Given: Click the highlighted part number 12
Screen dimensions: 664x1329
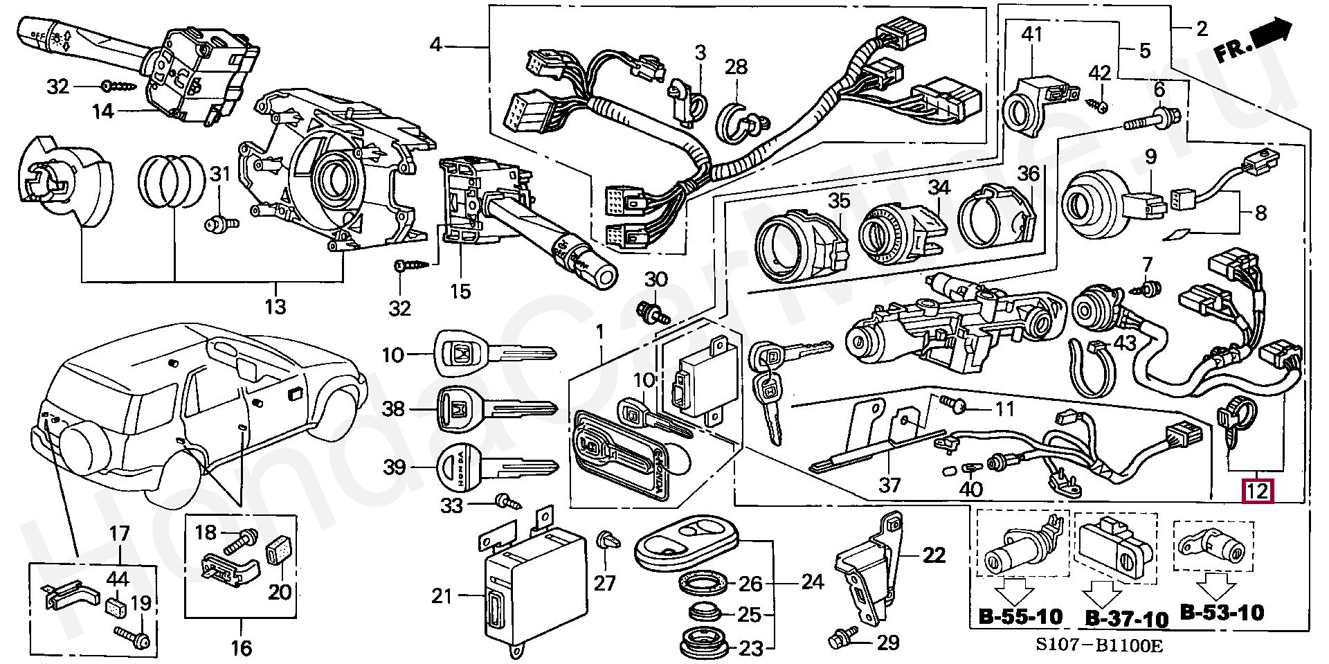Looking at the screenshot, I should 1257,491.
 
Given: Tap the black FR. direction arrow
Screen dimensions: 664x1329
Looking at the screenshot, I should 1273,33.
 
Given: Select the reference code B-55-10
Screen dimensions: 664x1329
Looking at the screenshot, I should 1020,616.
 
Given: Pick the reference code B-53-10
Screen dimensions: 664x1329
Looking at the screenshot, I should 1222,612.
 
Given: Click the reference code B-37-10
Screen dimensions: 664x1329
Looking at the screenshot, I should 1126,618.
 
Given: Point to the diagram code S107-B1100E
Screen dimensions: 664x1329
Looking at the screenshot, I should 1099,647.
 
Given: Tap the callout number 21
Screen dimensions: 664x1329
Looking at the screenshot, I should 442,595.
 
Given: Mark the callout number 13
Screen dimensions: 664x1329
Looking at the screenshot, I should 275,306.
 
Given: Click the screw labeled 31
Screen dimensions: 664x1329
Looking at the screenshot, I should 221,224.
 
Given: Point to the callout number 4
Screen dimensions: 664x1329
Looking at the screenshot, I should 435,45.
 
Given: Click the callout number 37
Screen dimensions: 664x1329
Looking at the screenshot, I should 889,484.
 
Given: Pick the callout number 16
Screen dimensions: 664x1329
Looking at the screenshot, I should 241,648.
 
